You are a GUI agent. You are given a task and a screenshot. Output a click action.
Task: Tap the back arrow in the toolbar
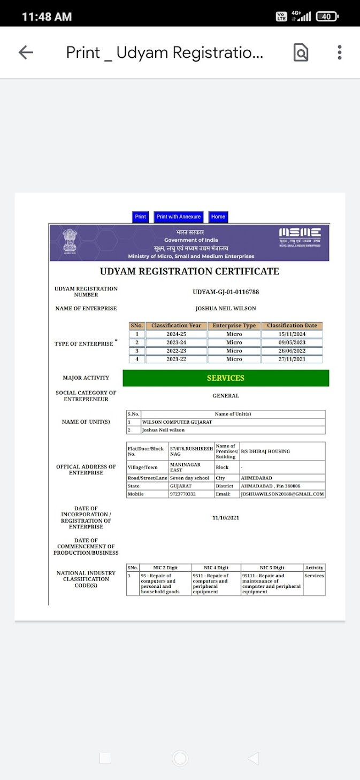point(26,52)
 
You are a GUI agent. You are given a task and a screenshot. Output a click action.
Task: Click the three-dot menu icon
point(339,52)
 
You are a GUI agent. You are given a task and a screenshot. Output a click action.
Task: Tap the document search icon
point(301,52)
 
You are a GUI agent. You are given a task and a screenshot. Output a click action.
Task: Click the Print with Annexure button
point(179,217)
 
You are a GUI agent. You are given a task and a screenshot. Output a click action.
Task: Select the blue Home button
point(218,217)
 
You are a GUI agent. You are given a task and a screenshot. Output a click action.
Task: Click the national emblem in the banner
point(70,241)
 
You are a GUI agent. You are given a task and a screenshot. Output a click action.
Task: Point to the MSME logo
point(300,236)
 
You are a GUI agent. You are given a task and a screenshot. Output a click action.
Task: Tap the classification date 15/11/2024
point(292,334)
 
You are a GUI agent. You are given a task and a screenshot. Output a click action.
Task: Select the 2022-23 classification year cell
point(176,351)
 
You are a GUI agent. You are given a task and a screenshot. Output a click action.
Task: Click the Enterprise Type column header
point(234,325)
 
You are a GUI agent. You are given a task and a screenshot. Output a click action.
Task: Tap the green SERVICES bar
point(226,378)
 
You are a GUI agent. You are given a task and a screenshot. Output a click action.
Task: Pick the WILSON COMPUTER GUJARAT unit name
point(177,422)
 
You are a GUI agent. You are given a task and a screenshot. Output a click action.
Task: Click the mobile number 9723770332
point(183,494)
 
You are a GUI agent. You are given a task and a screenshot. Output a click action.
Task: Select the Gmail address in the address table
point(282,494)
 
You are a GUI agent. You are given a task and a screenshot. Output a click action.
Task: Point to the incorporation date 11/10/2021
point(226,518)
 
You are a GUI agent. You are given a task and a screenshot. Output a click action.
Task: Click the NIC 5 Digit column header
point(271,568)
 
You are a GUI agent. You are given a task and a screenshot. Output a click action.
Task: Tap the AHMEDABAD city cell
point(256,478)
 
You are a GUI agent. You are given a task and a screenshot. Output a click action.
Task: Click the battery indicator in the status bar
point(327,17)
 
